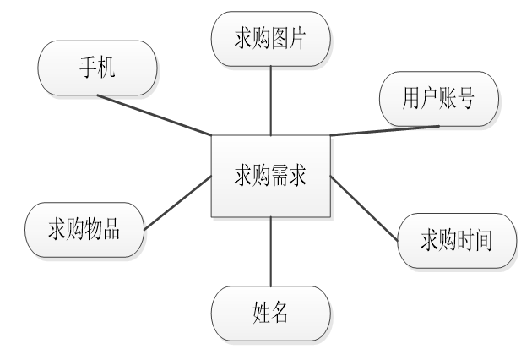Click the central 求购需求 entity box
(x=270, y=176)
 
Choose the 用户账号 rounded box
(x=439, y=98)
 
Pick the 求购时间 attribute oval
(x=456, y=239)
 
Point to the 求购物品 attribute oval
(x=84, y=228)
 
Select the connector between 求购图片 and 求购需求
(x=270, y=100)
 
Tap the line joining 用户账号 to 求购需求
(x=384, y=130)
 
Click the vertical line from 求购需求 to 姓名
(x=270, y=250)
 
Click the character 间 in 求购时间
(x=483, y=240)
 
